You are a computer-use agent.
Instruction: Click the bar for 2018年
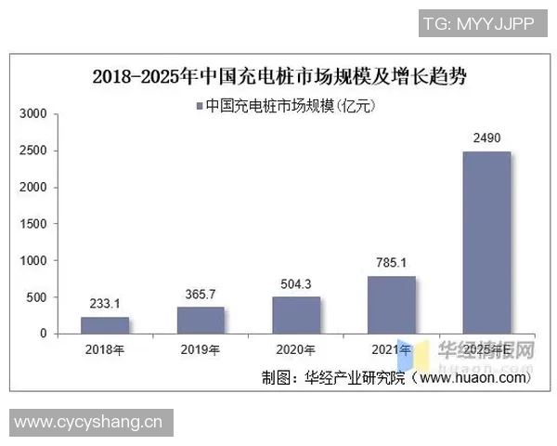point(104,324)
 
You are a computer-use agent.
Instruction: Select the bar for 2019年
point(200,320)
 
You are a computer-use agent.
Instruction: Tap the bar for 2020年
point(295,314)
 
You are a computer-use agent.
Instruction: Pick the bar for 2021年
point(391,304)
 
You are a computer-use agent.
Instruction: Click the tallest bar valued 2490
point(486,242)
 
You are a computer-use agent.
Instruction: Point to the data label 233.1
point(104,304)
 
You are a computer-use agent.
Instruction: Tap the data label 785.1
point(391,263)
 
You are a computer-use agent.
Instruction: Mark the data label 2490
point(486,138)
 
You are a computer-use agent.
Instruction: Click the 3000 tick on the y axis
point(34,114)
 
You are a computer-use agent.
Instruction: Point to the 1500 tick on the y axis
point(34,224)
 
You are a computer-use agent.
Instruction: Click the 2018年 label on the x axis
point(104,350)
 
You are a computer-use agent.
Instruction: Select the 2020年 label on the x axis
point(295,350)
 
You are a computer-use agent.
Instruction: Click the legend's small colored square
point(200,106)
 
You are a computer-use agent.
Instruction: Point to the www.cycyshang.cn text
point(88,422)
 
